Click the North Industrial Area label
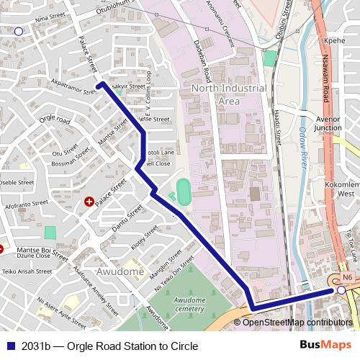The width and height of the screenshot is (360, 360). click(x=228, y=94)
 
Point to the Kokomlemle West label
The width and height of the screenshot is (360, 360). click(x=346, y=189)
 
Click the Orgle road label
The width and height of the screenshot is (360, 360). click(x=55, y=120)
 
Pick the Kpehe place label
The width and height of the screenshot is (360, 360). click(x=336, y=41)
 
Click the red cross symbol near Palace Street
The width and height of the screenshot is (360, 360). click(x=89, y=202)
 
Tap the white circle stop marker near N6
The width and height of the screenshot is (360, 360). click(x=341, y=289)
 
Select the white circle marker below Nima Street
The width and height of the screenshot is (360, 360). click(x=18, y=31)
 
